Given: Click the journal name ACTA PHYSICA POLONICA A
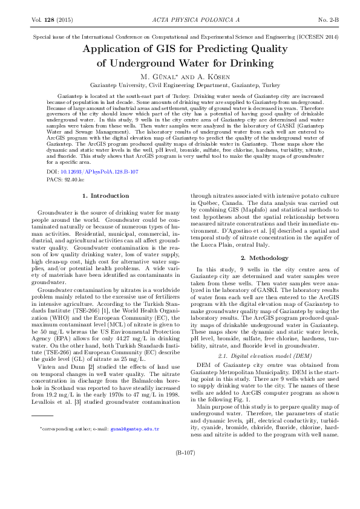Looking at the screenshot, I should pyautogui.click(x=180, y=20).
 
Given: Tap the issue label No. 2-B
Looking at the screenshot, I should pyautogui.click(x=329, y=20).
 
